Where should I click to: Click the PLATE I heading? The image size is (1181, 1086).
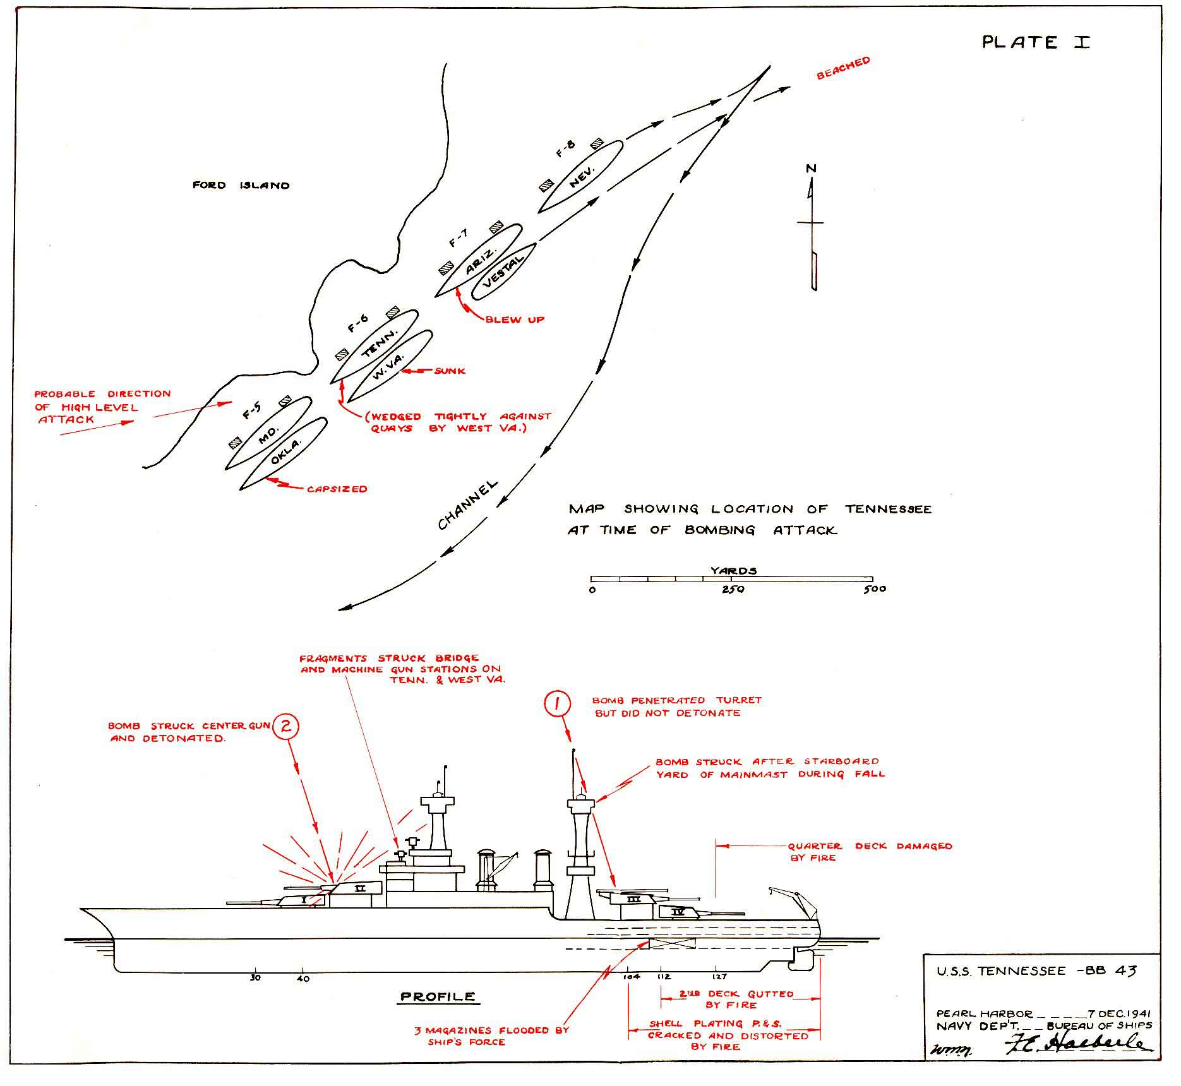pos(1036,42)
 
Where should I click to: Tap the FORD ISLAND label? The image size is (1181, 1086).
pos(241,185)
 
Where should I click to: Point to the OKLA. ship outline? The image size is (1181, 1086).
pos(284,453)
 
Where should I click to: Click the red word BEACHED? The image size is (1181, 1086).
pos(843,68)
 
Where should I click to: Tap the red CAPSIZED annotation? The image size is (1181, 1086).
pos(337,489)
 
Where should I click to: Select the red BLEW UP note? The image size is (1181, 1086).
pos(515,319)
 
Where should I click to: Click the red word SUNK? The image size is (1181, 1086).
pos(450,371)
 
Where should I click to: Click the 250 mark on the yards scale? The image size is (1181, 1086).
pos(733,589)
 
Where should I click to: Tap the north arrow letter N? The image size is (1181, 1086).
pos(812,169)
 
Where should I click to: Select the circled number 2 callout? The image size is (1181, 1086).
pos(285,727)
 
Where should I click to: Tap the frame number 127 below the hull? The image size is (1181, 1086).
pos(719,976)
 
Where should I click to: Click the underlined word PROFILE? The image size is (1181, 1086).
pos(438,997)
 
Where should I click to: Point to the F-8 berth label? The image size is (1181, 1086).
pos(566,149)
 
